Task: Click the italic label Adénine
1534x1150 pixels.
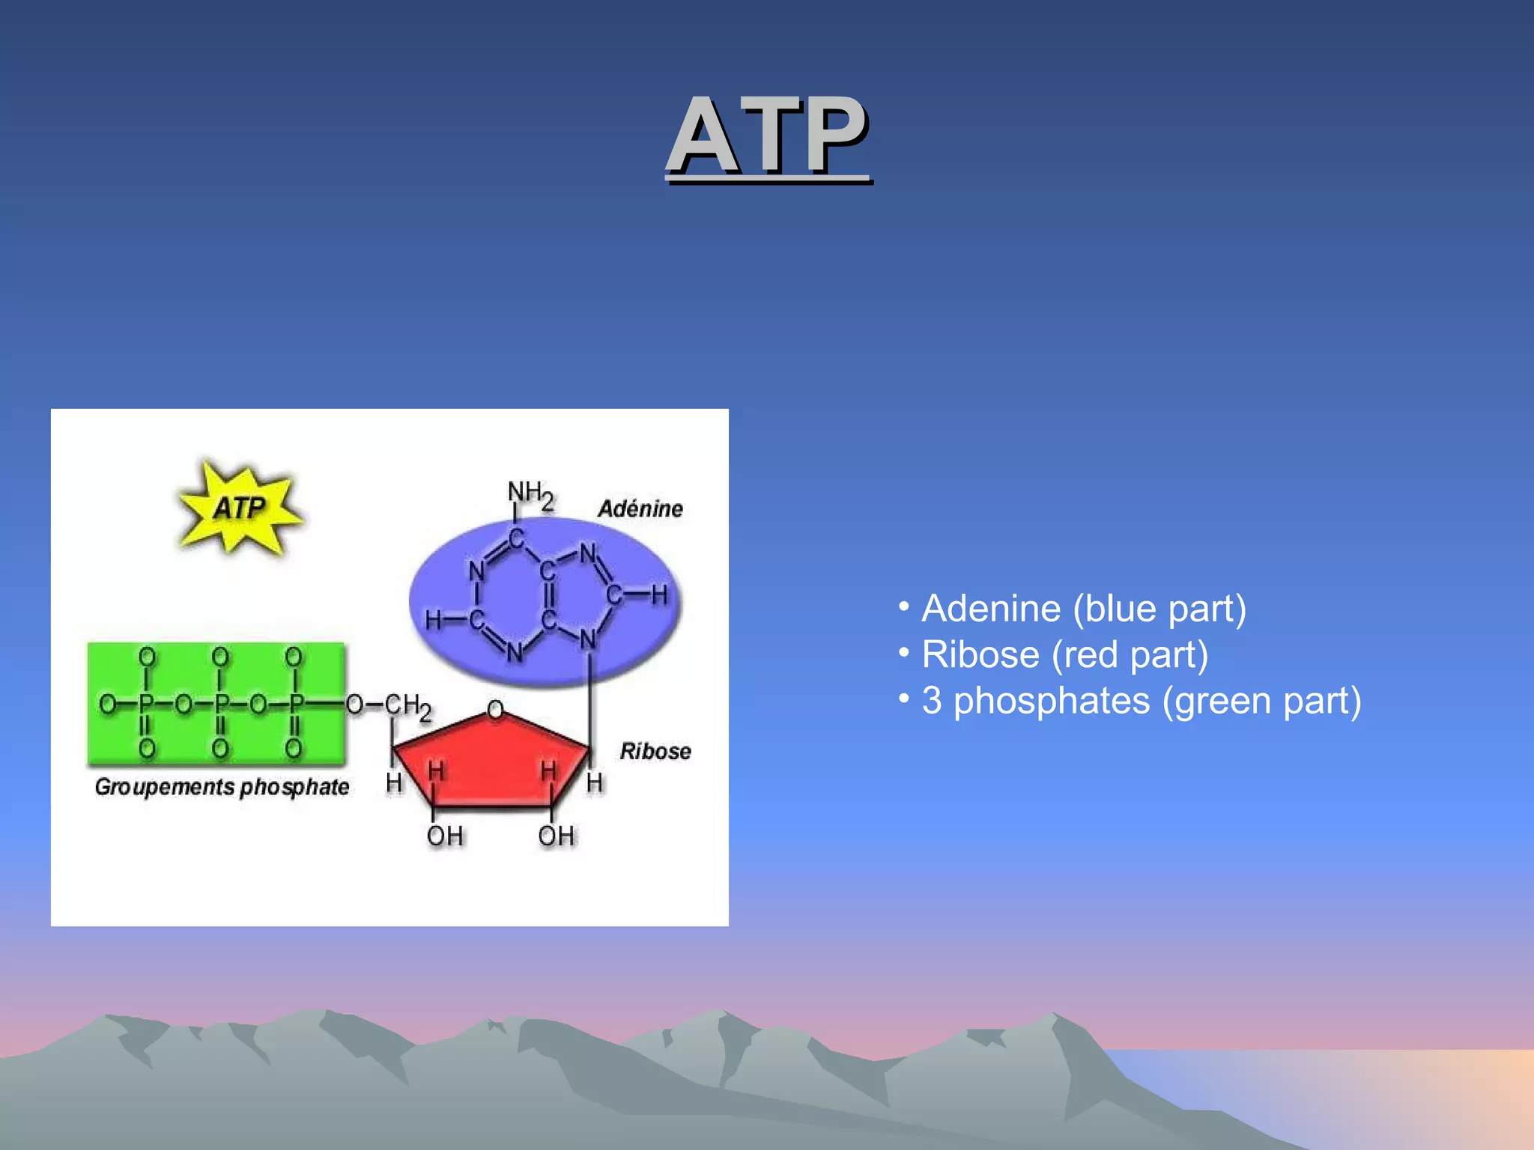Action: [x=640, y=509]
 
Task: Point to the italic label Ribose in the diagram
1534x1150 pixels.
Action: [x=655, y=751]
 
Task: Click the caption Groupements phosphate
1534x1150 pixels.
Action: [x=222, y=787]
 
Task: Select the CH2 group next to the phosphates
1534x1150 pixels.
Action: [x=408, y=706]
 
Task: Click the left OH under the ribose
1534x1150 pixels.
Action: [x=445, y=836]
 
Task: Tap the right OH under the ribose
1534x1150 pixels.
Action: [x=557, y=836]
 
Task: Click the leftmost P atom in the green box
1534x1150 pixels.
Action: [x=146, y=704]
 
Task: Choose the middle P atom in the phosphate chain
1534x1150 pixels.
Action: [x=221, y=704]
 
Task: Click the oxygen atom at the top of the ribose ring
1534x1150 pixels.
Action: [x=495, y=708]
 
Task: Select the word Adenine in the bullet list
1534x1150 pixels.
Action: [x=991, y=608]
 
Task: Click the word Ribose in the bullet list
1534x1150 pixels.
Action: [x=980, y=654]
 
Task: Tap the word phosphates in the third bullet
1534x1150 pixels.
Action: [x=1052, y=702]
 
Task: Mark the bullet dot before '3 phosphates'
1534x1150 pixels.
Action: [x=904, y=698]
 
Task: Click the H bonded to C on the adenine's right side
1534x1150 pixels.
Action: [x=659, y=595]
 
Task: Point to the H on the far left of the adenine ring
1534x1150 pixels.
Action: [x=434, y=620]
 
